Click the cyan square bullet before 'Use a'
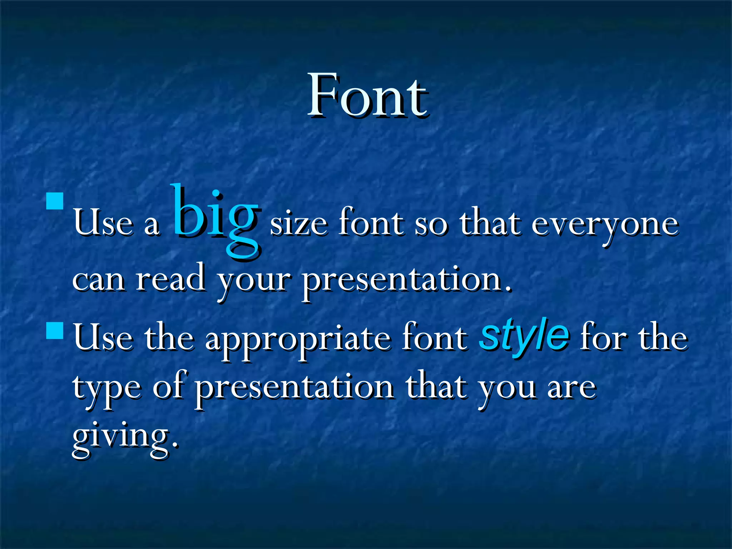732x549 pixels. coord(55,201)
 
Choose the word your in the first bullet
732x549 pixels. coord(253,282)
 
